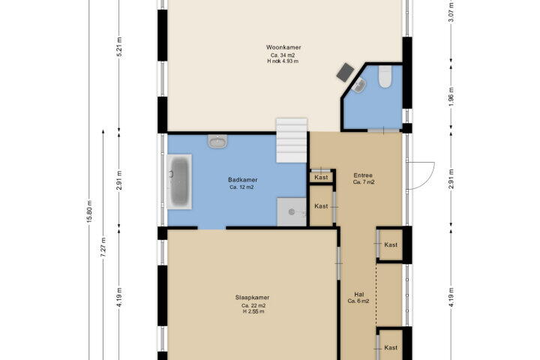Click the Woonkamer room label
click(283, 47)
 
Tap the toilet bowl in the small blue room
click(385, 76)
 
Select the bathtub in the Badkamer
click(179, 181)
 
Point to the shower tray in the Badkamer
click(292, 211)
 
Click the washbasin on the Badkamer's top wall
click(217, 141)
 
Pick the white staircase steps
click(291, 140)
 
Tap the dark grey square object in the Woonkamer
click(346, 72)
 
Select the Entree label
click(363, 175)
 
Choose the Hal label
click(358, 295)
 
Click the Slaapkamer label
click(253, 297)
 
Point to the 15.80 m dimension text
click(89, 211)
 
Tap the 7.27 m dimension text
click(103, 247)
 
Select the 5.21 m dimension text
click(119, 47)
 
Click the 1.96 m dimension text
click(451, 97)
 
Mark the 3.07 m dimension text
click(451, 12)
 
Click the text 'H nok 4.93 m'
click(283, 61)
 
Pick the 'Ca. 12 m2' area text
click(241, 187)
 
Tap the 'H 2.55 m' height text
click(253, 311)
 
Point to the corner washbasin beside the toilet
click(359, 85)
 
